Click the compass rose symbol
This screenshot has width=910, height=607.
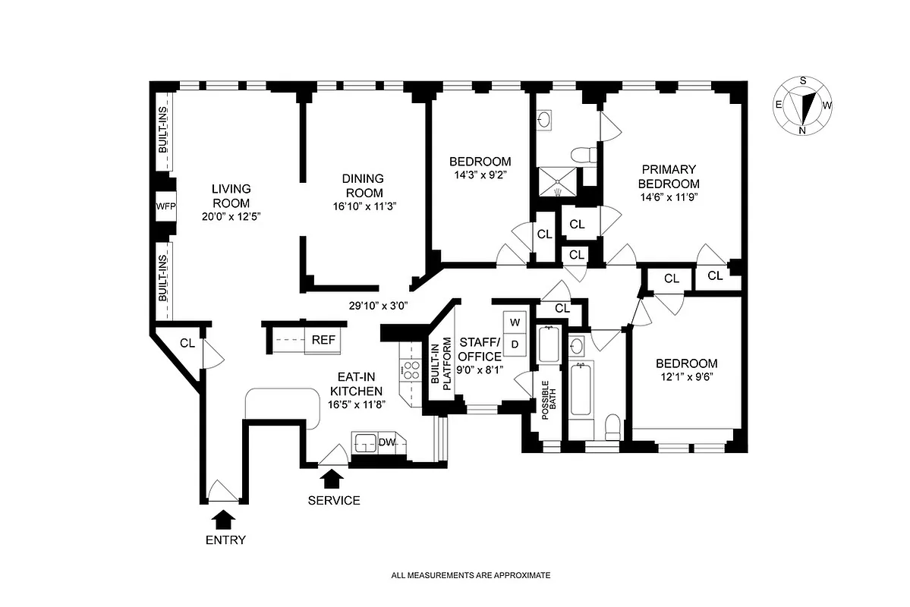point(802,105)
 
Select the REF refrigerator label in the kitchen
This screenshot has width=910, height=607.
point(323,340)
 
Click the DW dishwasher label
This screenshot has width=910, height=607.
point(387,442)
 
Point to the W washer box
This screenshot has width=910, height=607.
point(515,322)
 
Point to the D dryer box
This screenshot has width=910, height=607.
point(515,344)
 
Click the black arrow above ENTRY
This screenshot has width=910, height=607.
point(225,519)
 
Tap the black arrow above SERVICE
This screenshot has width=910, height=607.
point(332,479)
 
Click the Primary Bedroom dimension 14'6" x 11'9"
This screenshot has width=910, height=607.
point(668,197)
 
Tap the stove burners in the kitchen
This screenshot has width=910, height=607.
point(411,370)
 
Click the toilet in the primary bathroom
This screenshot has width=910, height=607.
point(585,156)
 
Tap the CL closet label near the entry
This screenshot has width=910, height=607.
point(187,343)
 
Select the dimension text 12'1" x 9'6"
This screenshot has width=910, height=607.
point(686,376)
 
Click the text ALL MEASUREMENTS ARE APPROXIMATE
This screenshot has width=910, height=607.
point(470,576)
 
